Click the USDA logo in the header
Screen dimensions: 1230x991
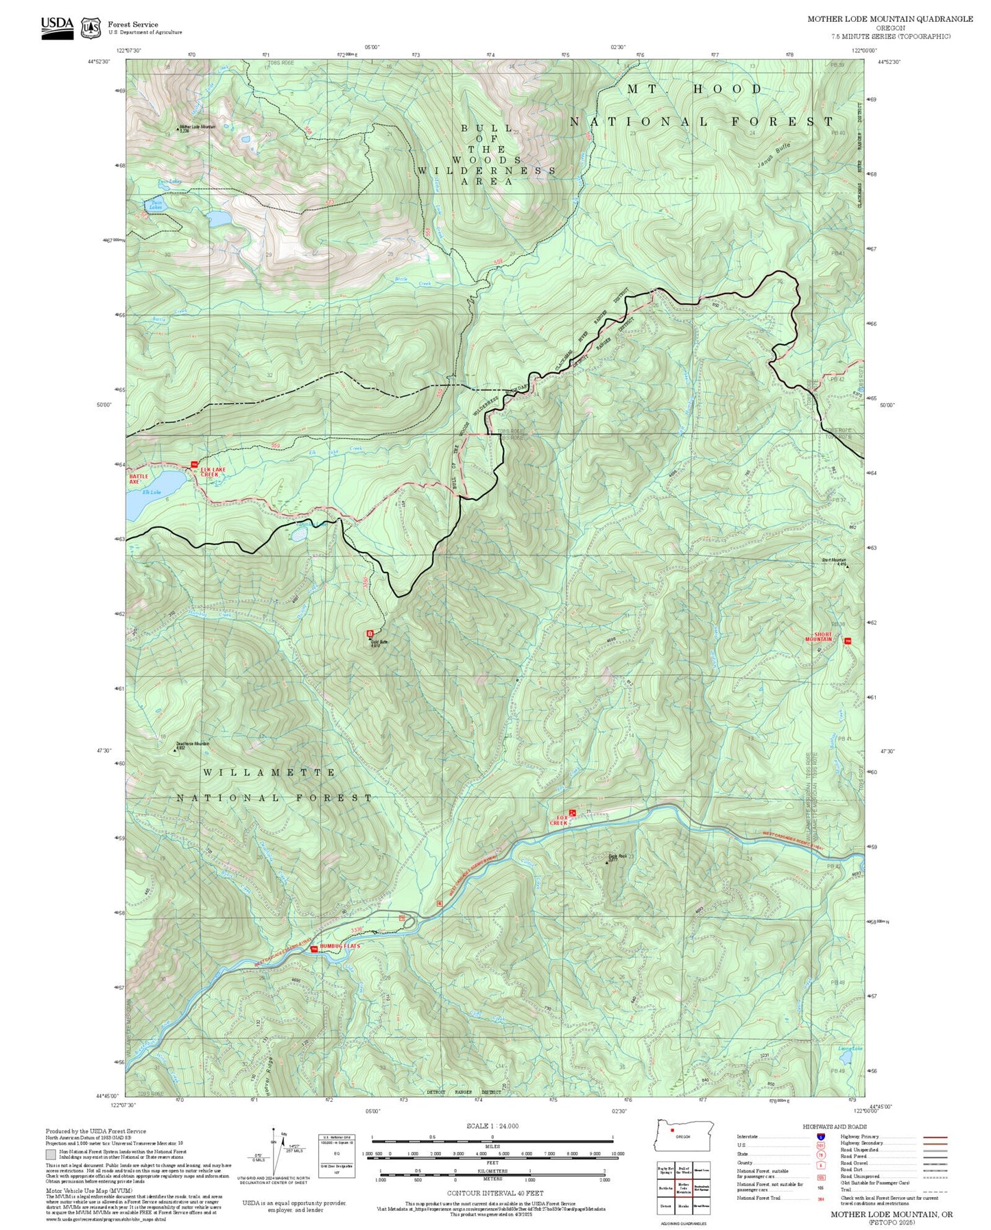tap(57, 27)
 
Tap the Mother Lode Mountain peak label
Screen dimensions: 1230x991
tap(198, 127)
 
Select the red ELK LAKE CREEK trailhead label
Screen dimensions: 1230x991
tap(209, 472)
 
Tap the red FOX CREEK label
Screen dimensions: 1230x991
tap(559, 820)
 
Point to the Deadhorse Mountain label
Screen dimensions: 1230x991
tap(193, 744)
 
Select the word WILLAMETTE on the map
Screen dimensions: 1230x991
tap(269, 773)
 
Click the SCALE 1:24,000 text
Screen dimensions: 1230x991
tap(492, 1126)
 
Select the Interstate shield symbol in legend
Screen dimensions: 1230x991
tap(820, 1137)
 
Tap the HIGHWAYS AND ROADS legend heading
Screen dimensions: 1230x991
tap(834, 1126)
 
